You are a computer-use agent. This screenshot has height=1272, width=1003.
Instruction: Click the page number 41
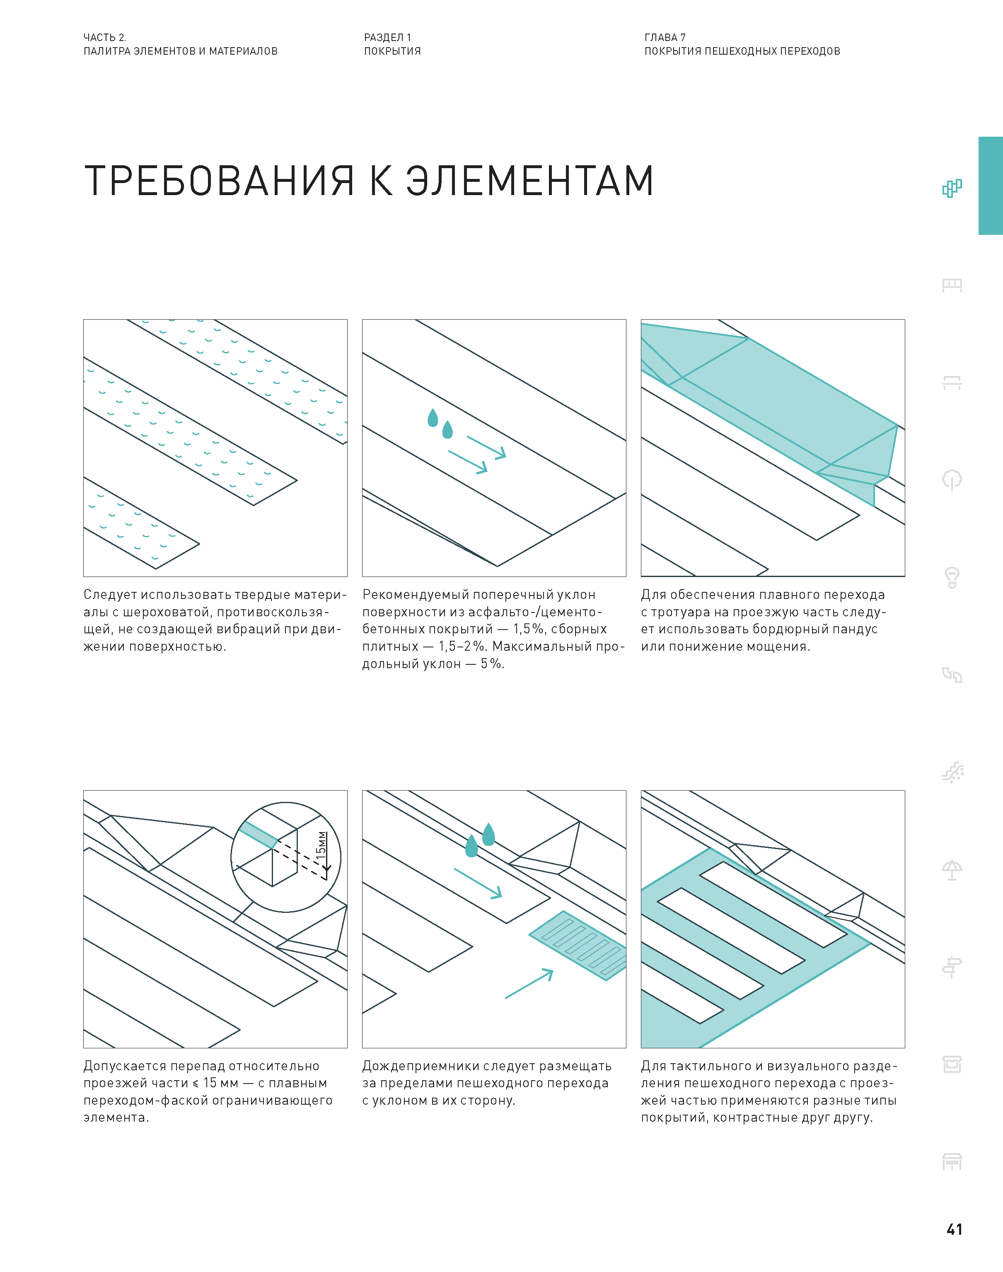[954, 1229]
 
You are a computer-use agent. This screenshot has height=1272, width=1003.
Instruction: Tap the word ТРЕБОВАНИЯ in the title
[219, 180]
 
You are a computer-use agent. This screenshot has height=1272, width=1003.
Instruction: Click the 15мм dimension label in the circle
[321, 846]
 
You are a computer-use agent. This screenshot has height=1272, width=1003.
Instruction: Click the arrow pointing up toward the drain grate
[529, 984]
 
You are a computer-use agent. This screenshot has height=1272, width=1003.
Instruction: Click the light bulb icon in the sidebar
[952, 577]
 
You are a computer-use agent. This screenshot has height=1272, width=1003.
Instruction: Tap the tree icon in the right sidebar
[952, 480]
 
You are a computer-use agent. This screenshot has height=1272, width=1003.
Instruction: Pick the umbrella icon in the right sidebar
[952, 869]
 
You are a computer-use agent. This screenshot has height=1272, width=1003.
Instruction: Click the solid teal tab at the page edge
[991, 186]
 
